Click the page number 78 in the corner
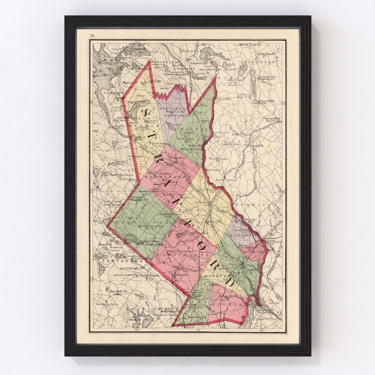click(x=92, y=35)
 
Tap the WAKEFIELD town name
click(x=195, y=51)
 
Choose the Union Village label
click(x=200, y=105)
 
